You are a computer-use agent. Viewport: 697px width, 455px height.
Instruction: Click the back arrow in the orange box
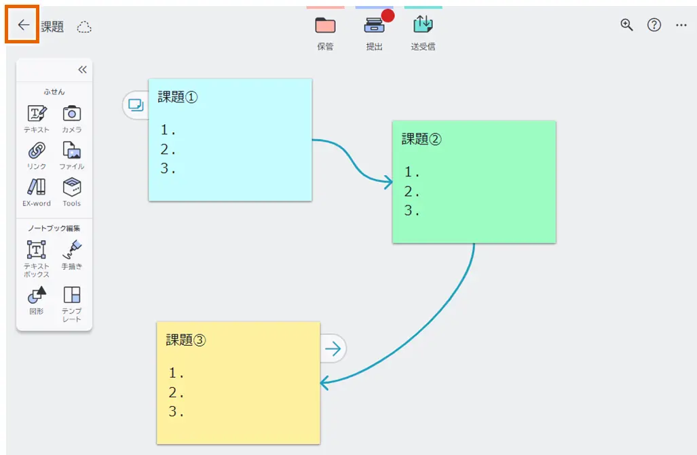pyautogui.click(x=24, y=26)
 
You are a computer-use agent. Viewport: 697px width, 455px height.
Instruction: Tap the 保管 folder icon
pyautogui.click(x=325, y=26)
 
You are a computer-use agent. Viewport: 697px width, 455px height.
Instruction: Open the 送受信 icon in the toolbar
pyautogui.click(x=423, y=25)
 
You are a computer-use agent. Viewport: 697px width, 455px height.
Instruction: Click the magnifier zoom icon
pyautogui.click(x=626, y=25)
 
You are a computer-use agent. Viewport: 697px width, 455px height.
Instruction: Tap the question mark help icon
pyautogui.click(x=654, y=25)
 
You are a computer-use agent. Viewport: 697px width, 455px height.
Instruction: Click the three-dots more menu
pyautogui.click(x=681, y=25)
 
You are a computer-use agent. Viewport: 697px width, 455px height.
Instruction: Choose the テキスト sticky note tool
pyautogui.click(x=37, y=113)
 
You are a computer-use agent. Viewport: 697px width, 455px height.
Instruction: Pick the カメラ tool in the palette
pyautogui.click(x=72, y=113)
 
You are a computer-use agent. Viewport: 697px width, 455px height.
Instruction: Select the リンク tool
pyautogui.click(x=37, y=151)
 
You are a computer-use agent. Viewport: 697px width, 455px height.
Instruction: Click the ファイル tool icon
pyautogui.click(x=72, y=151)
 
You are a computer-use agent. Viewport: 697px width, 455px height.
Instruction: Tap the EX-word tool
pyautogui.click(x=37, y=187)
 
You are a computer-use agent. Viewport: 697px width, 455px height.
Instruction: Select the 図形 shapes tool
pyautogui.click(x=37, y=295)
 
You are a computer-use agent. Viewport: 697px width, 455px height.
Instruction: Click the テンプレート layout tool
pyautogui.click(x=72, y=295)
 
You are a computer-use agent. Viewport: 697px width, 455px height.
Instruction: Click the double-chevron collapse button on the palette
pyautogui.click(x=82, y=69)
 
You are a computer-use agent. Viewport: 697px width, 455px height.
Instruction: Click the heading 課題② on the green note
pyautogui.click(x=421, y=139)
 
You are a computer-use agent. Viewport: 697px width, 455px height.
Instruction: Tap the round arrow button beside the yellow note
pyautogui.click(x=333, y=349)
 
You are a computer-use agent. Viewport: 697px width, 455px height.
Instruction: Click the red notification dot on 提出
pyautogui.click(x=388, y=16)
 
